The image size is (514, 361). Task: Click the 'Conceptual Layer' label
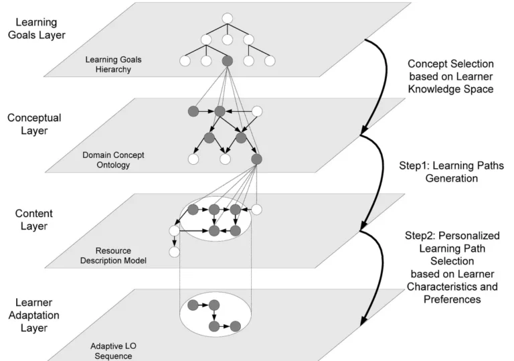point(34,124)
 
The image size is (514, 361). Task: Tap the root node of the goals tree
point(227,17)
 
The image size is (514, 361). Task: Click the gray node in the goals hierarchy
point(227,62)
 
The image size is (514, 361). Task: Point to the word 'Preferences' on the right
point(453,299)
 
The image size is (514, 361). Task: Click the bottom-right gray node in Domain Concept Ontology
point(256,159)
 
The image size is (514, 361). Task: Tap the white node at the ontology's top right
point(256,111)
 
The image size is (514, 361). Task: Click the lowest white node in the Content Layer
point(174,252)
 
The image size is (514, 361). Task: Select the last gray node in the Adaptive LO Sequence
point(236,327)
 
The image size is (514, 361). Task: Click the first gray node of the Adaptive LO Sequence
point(193,305)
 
